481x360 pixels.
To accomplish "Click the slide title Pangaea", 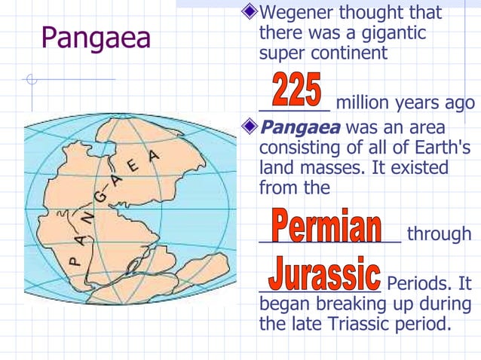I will point(96,38).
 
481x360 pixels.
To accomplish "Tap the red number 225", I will point(296,90).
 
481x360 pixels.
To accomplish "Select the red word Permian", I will point(326,226).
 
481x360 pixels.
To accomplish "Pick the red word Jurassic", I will point(324,275).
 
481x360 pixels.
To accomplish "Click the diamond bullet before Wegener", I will point(250,13).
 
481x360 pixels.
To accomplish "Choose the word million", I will point(364,103).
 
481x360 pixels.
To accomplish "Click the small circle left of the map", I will point(31,79).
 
